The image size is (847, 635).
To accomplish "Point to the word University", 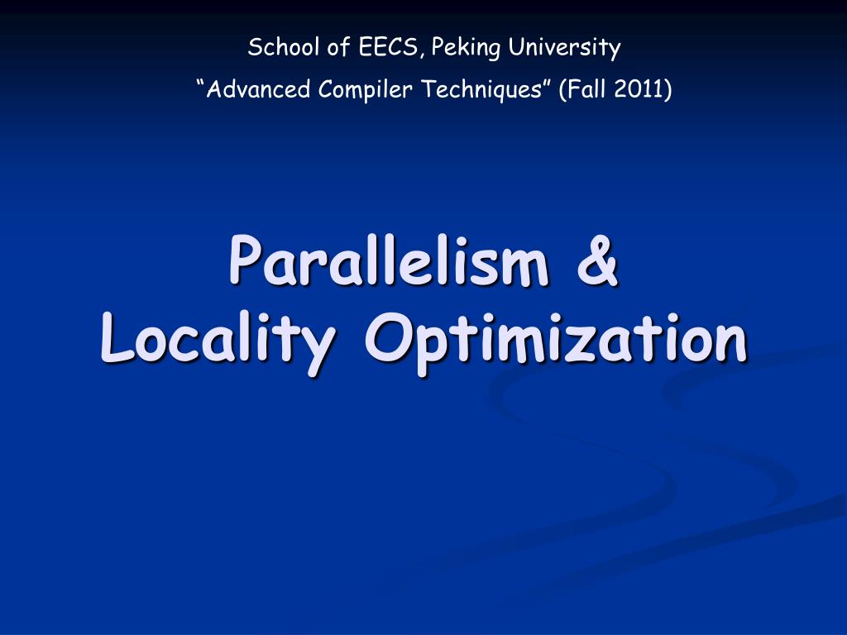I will [564, 49].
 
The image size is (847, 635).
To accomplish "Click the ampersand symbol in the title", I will [596, 260].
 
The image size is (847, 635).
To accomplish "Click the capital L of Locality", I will [113, 338].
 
